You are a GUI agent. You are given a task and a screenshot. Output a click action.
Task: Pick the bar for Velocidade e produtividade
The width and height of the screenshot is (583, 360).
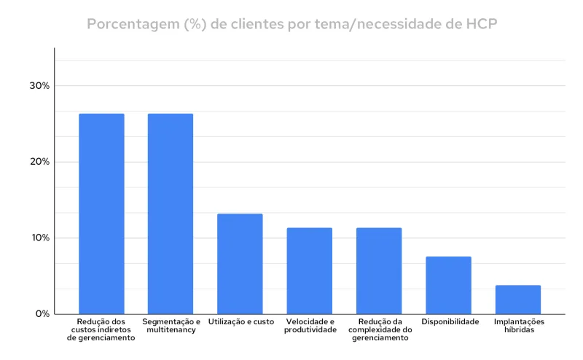coord(309,270)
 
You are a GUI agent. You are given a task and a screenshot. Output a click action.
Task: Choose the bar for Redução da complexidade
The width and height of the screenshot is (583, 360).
coord(379,270)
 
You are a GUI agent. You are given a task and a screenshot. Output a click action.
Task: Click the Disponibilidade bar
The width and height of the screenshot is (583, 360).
coord(448,285)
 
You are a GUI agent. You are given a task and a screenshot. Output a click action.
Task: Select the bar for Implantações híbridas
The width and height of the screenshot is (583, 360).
coord(517,300)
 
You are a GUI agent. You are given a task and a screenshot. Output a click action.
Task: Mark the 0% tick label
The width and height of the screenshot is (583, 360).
coord(42,314)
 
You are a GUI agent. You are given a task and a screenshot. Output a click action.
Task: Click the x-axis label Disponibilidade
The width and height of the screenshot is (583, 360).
coord(450,321)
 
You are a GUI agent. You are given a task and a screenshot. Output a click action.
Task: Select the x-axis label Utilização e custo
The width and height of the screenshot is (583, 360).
coord(241,321)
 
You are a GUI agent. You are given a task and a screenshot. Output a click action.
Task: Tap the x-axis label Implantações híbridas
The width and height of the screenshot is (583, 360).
coord(519,326)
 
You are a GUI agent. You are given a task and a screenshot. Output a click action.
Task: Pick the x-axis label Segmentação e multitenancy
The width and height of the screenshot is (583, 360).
coord(171,326)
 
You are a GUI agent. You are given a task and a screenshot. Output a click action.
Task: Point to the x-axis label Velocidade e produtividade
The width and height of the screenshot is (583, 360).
coord(310,326)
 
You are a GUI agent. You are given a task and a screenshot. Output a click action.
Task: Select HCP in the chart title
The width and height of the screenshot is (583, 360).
coord(480,24)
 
